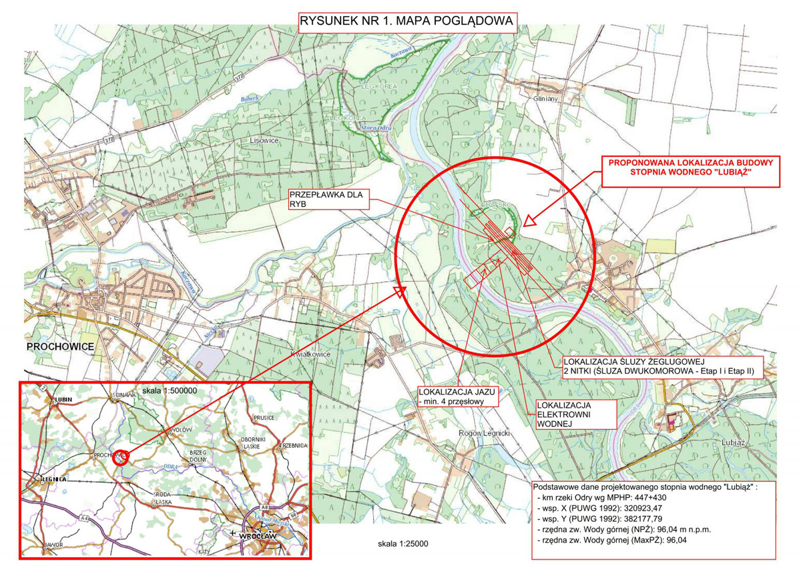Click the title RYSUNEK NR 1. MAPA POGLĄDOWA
coord(407,21)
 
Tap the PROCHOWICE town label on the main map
coord(60,346)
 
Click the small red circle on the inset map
coord(121,457)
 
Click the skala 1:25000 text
coord(403,544)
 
